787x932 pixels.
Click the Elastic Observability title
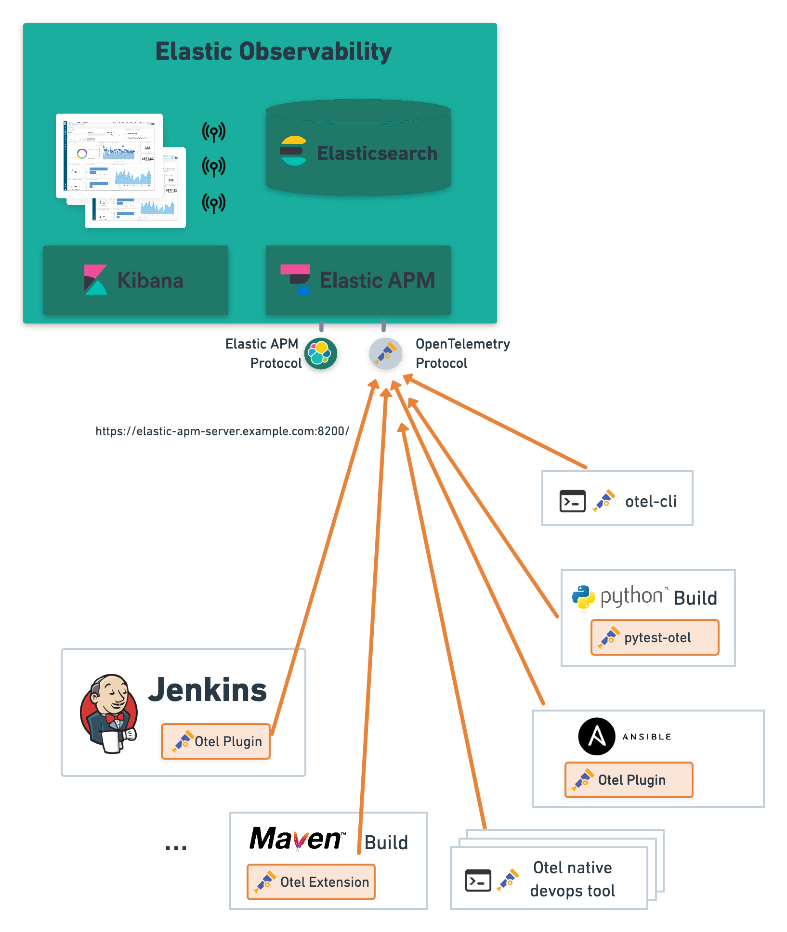(273, 52)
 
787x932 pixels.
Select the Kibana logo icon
(95, 280)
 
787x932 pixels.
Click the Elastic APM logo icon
(296, 279)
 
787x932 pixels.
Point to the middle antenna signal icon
(214, 167)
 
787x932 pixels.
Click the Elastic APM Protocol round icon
(321, 354)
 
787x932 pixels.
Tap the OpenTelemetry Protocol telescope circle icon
(385, 354)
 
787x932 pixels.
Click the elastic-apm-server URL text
(222, 431)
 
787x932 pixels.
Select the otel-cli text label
(651, 502)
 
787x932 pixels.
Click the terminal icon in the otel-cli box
(572, 501)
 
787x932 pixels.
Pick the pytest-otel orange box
(655, 637)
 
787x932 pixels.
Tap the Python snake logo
(583, 597)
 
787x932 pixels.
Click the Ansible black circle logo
(597, 737)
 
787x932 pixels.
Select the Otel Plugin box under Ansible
(629, 780)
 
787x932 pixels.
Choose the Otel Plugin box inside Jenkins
(216, 741)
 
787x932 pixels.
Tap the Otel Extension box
(311, 882)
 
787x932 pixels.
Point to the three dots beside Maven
(176, 848)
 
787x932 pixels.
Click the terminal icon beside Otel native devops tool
(478, 880)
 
